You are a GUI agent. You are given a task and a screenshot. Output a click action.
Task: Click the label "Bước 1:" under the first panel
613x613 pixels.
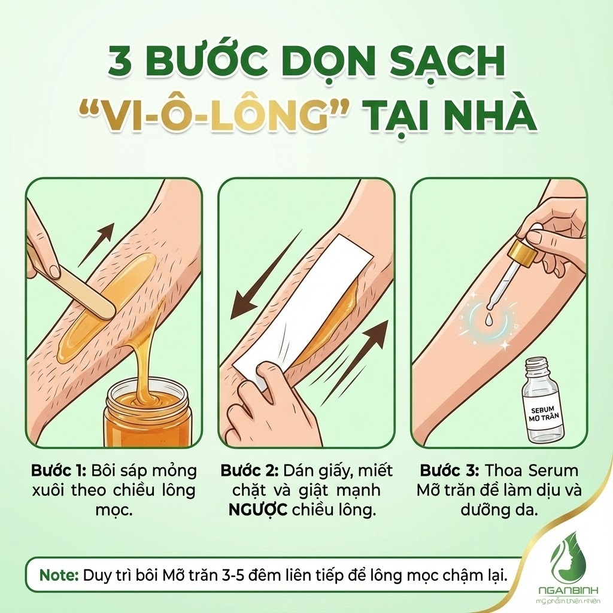click(x=59, y=470)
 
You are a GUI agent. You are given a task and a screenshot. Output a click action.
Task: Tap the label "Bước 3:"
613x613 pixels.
click(x=450, y=470)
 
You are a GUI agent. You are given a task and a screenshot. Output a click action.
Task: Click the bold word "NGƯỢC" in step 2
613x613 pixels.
click(x=258, y=510)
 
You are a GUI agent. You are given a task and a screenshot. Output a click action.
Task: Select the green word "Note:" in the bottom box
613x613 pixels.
click(x=59, y=576)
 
